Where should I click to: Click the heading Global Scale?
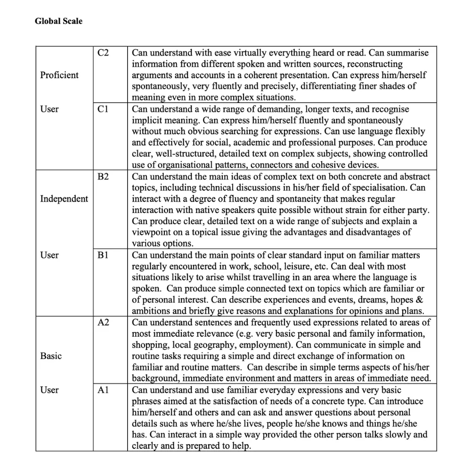(x=58, y=21)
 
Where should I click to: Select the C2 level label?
(x=103, y=53)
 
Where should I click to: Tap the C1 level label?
(x=103, y=109)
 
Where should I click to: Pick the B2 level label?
(x=103, y=177)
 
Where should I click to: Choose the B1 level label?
(x=103, y=255)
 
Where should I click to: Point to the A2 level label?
(x=103, y=323)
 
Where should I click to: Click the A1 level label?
(x=103, y=390)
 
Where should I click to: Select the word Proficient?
(x=59, y=75)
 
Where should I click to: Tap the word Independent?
(x=64, y=199)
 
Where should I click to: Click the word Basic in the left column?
(x=51, y=356)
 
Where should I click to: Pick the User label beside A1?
(x=49, y=390)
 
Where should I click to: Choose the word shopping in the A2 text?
(x=151, y=345)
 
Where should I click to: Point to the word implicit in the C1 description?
(x=148, y=121)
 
